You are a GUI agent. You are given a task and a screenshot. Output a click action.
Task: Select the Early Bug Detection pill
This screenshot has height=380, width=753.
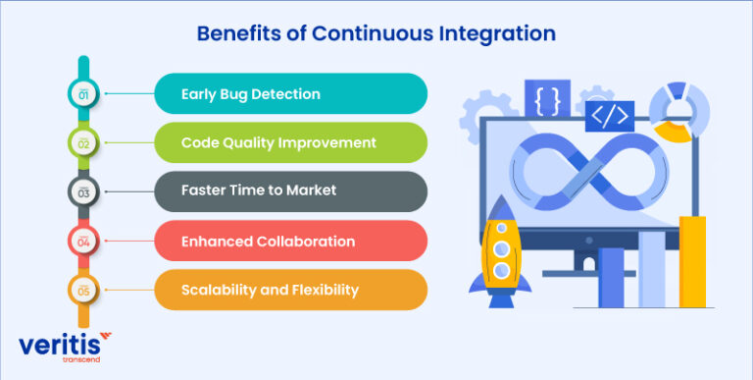(x=290, y=94)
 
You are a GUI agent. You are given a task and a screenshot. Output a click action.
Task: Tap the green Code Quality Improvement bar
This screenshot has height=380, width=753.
(x=290, y=142)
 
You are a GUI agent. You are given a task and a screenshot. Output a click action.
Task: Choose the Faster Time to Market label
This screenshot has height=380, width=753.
(x=290, y=191)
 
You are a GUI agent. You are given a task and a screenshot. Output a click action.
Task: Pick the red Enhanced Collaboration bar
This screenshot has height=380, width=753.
(x=290, y=241)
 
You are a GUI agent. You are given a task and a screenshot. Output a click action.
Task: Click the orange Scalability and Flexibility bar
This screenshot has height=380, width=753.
(x=290, y=290)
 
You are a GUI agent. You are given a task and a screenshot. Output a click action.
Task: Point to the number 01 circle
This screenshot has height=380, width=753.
(x=83, y=94)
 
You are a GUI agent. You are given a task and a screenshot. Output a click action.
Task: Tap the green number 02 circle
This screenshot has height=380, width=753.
(x=83, y=143)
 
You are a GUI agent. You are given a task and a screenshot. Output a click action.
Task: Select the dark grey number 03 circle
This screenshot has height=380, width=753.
(x=83, y=192)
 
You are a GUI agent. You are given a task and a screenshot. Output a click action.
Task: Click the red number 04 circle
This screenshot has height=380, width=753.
(x=83, y=241)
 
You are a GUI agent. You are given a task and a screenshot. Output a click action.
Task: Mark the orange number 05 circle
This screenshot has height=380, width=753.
(x=83, y=290)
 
